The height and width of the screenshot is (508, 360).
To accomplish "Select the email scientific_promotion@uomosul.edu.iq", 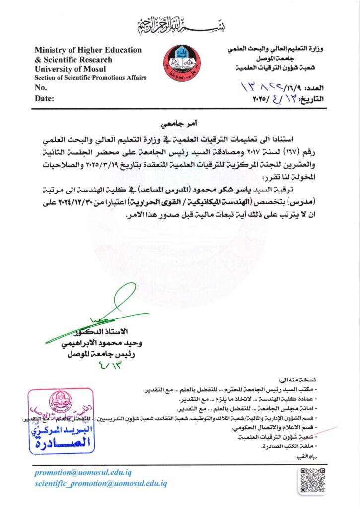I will coord(101,483).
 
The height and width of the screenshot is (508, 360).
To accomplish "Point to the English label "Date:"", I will coord(44,98).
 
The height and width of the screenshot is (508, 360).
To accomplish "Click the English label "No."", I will coord(41,87).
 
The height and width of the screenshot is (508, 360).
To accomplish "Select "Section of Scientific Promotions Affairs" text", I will coord(90,78).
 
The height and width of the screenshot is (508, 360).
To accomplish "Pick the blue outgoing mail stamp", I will coord(61,421).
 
